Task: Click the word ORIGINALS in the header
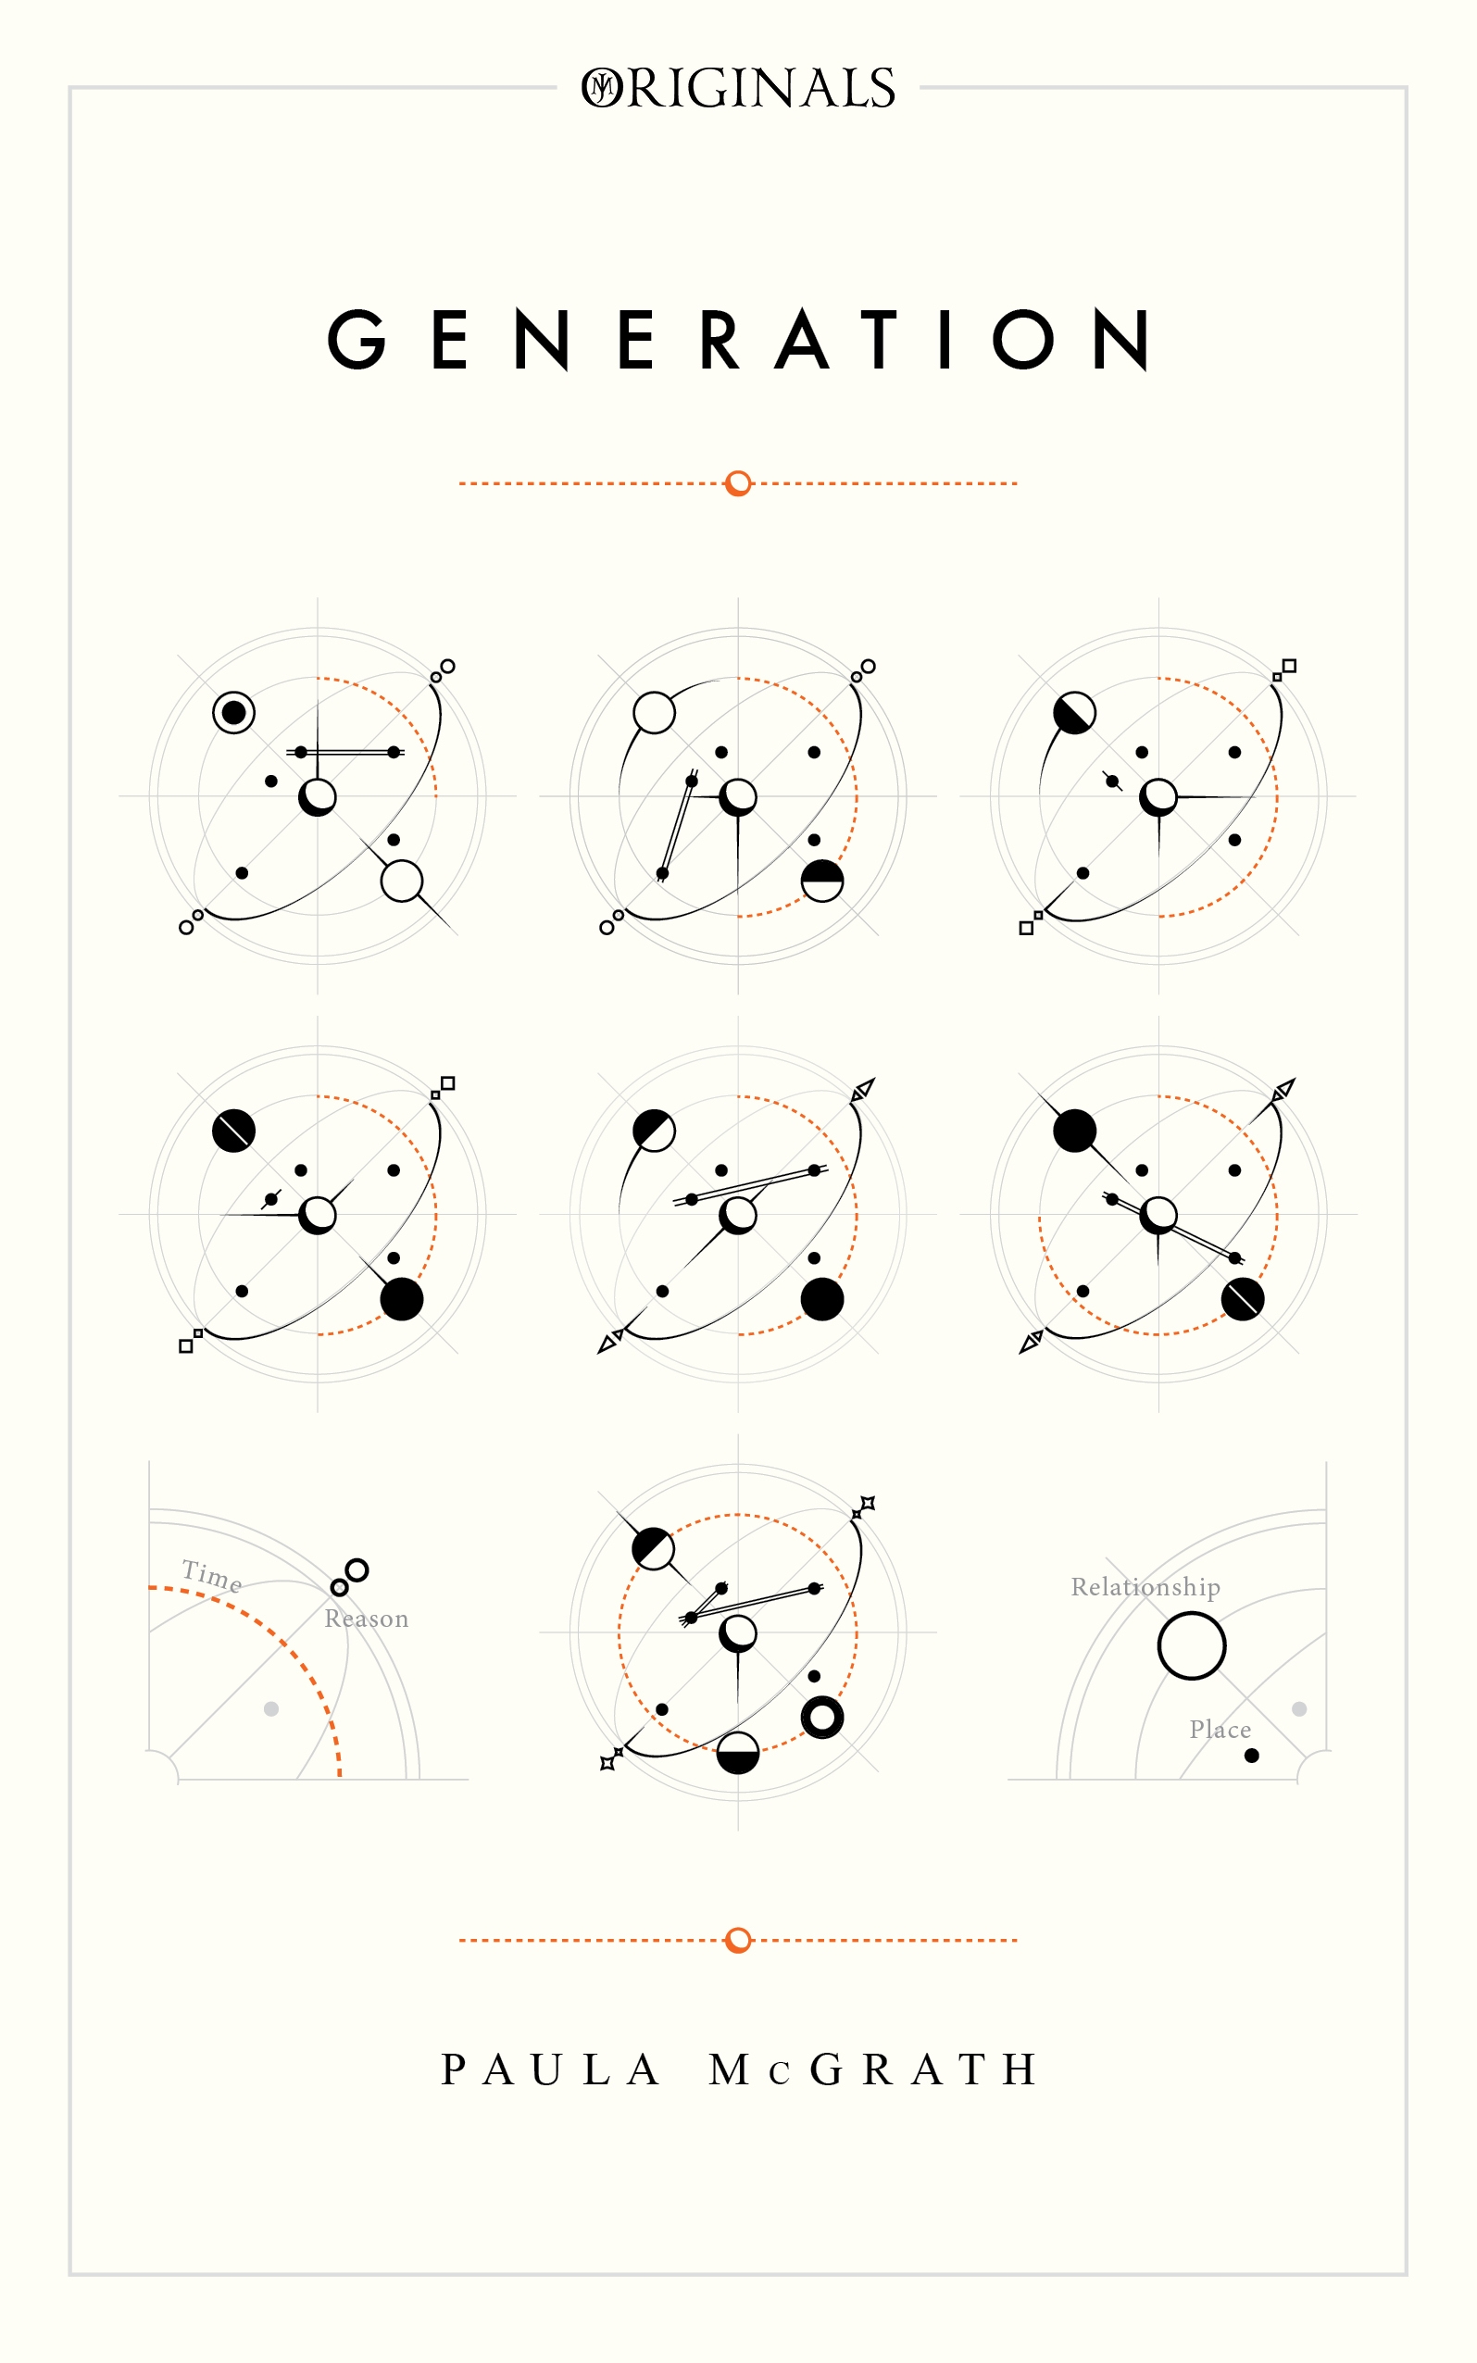click(x=739, y=88)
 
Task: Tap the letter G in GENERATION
click(x=357, y=340)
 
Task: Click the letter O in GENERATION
click(x=1022, y=340)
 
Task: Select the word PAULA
click(x=550, y=2069)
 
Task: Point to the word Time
click(x=212, y=1576)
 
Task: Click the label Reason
click(x=367, y=1619)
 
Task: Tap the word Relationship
click(x=1145, y=1588)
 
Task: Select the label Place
click(x=1220, y=1730)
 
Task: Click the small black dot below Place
click(x=1251, y=1756)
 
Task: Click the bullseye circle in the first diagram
click(x=233, y=713)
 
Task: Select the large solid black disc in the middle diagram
click(x=822, y=1300)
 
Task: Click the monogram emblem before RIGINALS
click(x=602, y=88)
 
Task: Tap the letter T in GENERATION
click(x=879, y=340)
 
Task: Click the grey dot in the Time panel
click(x=271, y=1708)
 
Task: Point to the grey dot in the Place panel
click(x=1299, y=1708)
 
